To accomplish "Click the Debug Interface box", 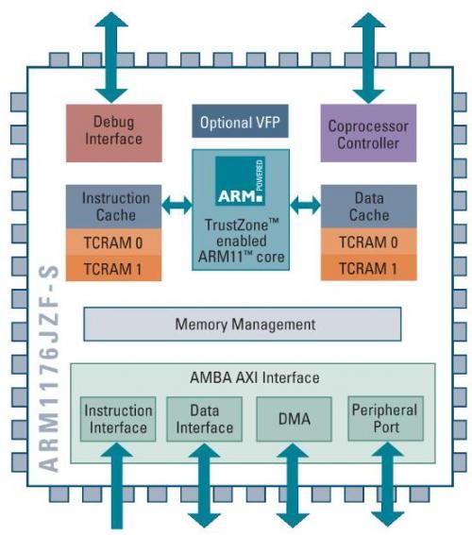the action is pyautogui.click(x=114, y=133).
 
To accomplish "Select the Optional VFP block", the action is pyautogui.click(x=241, y=121).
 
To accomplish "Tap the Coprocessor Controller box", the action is pyautogui.click(x=368, y=133).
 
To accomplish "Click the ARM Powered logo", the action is pyautogui.click(x=241, y=181).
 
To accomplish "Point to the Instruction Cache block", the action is pyautogui.click(x=113, y=207).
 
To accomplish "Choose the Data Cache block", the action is pyautogui.click(x=369, y=207).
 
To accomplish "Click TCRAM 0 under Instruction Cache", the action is pyautogui.click(x=113, y=242).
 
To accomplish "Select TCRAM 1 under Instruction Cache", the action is pyautogui.click(x=113, y=269).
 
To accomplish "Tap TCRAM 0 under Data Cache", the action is pyautogui.click(x=369, y=242).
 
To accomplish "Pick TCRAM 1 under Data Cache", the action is pyautogui.click(x=369, y=268).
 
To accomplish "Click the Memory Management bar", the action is pyautogui.click(x=243, y=325).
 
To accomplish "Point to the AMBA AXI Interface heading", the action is pyautogui.click(x=255, y=377).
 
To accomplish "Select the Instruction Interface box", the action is pyautogui.click(x=118, y=419).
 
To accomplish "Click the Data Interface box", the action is pyautogui.click(x=205, y=419).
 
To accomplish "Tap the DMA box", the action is pyautogui.click(x=295, y=419).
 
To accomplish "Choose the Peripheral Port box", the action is pyautogui.click(x=386, y=418).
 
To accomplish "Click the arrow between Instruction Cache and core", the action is pyautogui.click(x=177, y=205).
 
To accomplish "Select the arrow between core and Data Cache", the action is pyautogui.click(x=306, y=205).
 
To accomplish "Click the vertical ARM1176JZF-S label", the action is pyautogui.click(x=48, y=369).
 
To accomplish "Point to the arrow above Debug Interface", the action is pyautogui.click(x=111, y=58).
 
